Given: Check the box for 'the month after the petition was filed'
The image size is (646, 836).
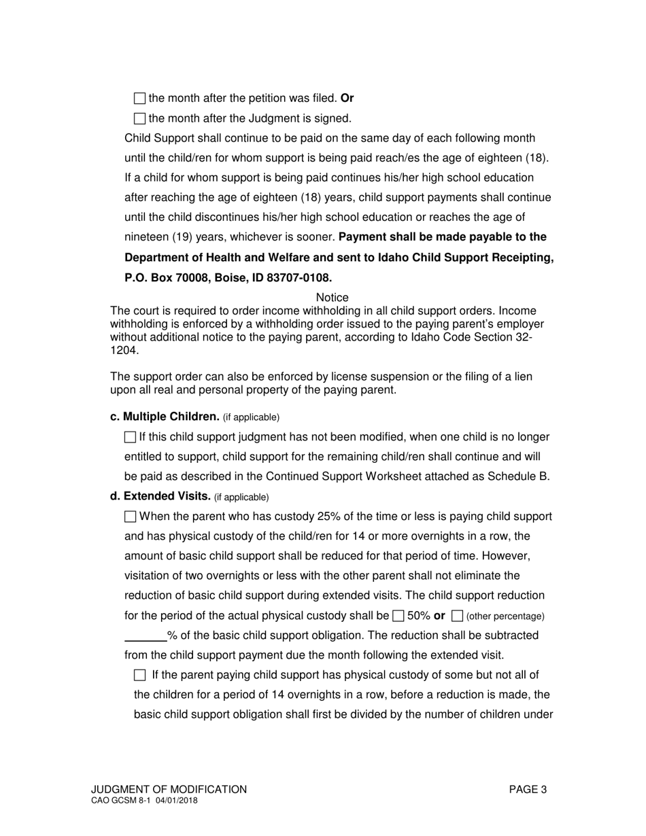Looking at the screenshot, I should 139,99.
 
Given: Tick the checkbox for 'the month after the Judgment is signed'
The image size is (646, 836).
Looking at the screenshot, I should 139,119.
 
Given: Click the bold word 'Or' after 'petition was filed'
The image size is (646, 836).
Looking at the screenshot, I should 347,98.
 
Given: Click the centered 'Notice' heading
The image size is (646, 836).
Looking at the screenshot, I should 333,298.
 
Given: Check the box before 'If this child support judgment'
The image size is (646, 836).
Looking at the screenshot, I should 131,438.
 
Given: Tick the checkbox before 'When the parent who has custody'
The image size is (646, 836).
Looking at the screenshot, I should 131,517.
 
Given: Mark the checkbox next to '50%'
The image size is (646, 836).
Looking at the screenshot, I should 398,616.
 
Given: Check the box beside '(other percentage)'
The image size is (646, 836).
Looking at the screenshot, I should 458,616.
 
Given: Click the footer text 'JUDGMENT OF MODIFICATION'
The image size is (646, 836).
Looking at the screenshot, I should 169,789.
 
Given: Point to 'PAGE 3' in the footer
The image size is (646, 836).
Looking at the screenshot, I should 528,789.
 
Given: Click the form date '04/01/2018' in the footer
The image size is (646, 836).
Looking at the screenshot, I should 177,801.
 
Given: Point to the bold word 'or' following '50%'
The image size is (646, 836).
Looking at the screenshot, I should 439,616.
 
